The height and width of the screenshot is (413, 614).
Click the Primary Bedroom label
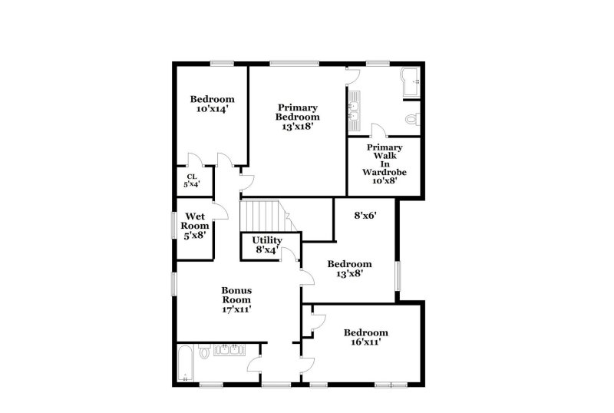[298, 117]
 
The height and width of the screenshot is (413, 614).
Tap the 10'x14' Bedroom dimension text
[212, 110]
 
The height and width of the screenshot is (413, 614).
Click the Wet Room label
[195, 226]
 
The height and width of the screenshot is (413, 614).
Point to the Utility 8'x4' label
[267, 245]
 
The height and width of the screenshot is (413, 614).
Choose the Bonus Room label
[237, 299]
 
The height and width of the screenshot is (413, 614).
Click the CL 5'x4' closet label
[190, 180]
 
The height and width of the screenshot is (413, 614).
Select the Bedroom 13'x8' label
[349, 268]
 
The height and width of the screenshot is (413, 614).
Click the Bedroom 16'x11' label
[365, 337]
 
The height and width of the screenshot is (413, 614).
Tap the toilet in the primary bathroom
[412, 119]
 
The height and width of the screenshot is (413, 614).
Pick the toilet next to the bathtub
[204, 352]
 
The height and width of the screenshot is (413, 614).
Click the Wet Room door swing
[221, 211]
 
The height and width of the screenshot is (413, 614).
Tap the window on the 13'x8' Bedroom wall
[398, 277]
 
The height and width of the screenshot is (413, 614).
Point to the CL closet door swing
[195, 160]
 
